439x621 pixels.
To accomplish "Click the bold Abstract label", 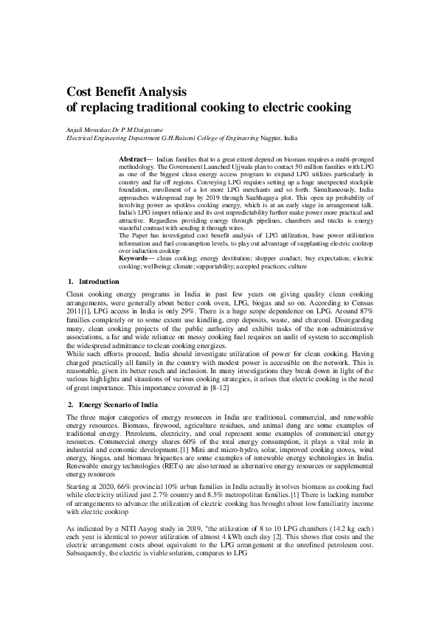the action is click(133, 159).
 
